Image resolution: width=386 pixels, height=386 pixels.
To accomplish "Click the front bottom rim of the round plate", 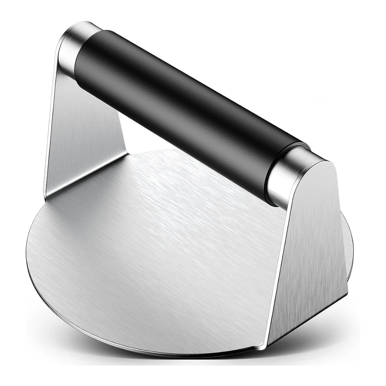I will pos(174,354).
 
